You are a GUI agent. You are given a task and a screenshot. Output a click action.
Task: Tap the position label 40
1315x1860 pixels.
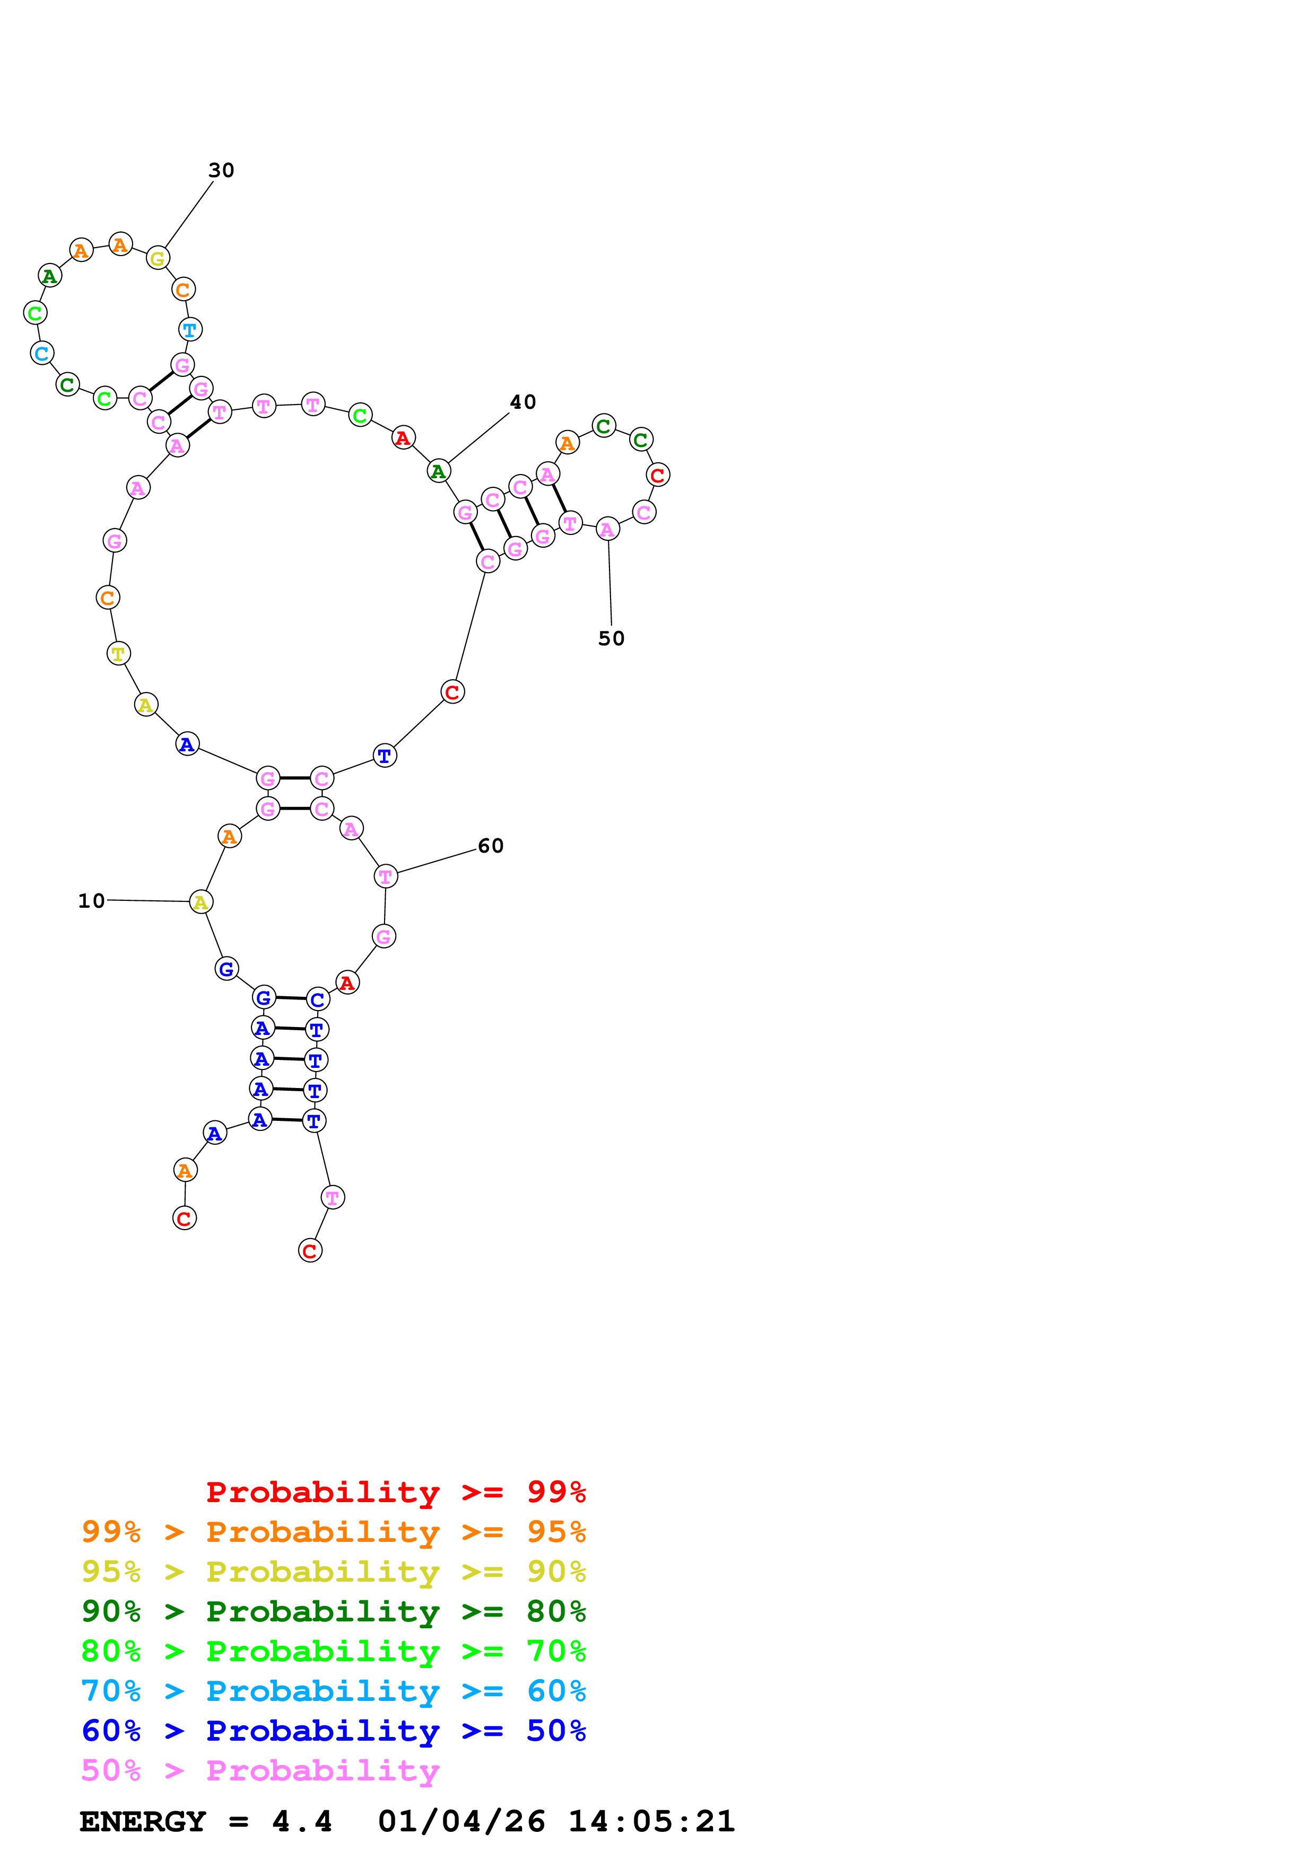tap(522, 402)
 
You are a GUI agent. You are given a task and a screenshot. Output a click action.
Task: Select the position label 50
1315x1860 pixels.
tap(611, 638)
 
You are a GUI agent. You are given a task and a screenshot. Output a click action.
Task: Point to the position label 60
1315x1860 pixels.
tap(490, 846)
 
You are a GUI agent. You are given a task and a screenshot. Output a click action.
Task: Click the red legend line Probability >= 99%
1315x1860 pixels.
tap(395, 1492)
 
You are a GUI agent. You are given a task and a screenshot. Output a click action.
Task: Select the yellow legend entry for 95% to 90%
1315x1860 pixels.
tap(333, 1572)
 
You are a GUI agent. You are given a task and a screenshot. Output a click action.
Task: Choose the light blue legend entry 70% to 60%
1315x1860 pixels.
tap(333, 1691)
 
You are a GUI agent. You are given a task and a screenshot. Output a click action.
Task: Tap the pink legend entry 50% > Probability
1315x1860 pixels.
tap(260, 1770)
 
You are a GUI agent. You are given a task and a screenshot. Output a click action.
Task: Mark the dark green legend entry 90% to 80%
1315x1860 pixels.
tap(333, 1611)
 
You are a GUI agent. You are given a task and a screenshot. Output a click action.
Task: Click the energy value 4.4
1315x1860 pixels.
tap(301, 1821)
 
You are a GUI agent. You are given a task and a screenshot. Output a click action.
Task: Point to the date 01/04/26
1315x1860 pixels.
tap(461, 1821)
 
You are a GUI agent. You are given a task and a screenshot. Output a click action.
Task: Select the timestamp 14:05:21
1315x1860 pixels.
tap(651, 1821)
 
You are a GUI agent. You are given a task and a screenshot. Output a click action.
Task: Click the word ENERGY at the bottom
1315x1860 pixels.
tap(143, 1821)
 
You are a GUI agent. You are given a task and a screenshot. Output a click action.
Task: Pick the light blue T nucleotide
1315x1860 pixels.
tap(189, 330)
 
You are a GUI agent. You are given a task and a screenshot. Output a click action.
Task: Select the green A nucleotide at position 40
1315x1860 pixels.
tap(438, 471)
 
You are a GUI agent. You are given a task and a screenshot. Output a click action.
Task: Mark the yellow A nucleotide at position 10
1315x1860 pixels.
tap(201, 902)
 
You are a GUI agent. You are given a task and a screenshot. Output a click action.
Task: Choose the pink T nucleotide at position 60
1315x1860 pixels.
tap(386, 876)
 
